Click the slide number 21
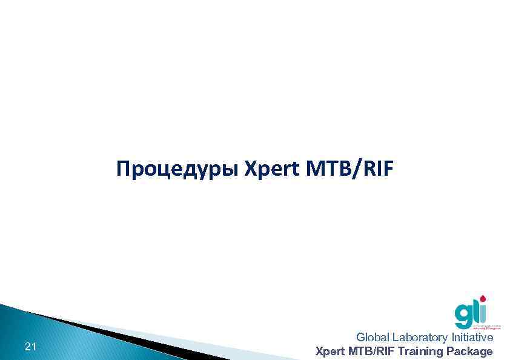(x=30, y=347)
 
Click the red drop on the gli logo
(x=483, y=299)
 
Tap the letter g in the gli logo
(x=463, y=316)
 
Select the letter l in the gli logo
(x=476, y=312)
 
